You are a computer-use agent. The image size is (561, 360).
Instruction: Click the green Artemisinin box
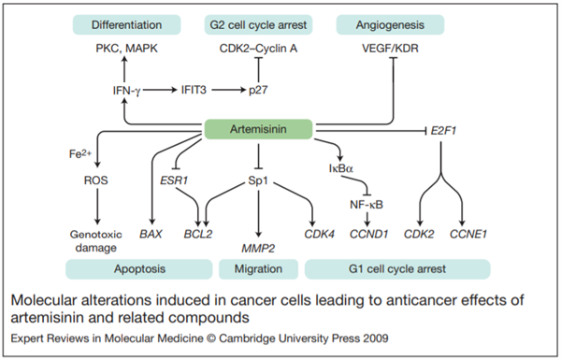tap(258, 129)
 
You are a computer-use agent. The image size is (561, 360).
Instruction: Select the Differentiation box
tap(126, 24)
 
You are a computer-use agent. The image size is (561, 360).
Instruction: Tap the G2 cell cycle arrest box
tap(258, 24)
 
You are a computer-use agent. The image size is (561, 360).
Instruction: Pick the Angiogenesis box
tap(390, 24)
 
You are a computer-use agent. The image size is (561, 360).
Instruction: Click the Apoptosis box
tap(139, 269)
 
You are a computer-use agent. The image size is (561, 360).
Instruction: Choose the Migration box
tap(258, 269)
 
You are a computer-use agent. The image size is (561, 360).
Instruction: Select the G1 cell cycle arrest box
tap(397, 269)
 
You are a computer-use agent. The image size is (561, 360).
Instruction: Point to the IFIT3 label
tap(194, 90)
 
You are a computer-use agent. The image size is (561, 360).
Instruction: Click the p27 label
tap(258, 90)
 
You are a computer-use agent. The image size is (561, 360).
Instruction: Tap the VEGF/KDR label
tap(390, 49)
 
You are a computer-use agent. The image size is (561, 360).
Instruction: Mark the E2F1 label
tap(443, 131)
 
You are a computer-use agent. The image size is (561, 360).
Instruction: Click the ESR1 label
tap(174, 180)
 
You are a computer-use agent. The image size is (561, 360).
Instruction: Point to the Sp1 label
tap(258, 180)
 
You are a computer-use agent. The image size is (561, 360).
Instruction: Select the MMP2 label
tap(258, 248)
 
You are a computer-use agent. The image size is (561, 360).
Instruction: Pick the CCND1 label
tap(368, 234)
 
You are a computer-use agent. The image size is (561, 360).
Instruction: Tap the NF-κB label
tap(367, 205)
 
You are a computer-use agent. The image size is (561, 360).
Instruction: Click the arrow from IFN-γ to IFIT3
tap(160, 90)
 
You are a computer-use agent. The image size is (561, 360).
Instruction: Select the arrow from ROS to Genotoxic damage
tap(97, 207)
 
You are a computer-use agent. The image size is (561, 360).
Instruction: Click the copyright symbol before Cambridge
tap(211, 338)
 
